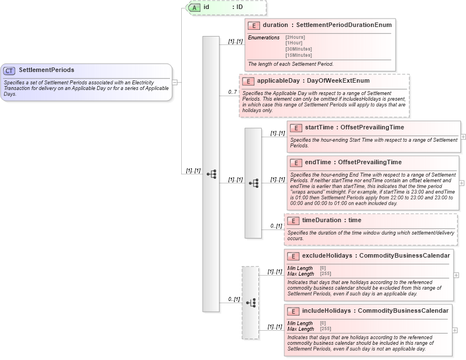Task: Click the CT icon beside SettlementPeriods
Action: point(10,70)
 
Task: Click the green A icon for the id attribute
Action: point(194,7)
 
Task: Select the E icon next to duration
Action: point(254,25)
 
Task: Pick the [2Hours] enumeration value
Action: point(295,37)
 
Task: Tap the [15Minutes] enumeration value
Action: point(298,55)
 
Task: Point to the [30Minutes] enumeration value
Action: point(298,49)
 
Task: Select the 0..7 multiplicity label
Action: point(232,92)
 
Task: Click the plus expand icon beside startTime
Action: point(463,137)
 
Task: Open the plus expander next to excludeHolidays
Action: point(456,275)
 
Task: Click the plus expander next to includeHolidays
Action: point(455,330)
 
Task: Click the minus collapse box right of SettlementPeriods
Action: point(175,82)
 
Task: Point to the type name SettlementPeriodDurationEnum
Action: point(344,25)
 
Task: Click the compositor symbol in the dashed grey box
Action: point(250,303)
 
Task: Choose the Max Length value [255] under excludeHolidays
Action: point(325,274)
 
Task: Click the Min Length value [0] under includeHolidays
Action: point(322,323)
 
